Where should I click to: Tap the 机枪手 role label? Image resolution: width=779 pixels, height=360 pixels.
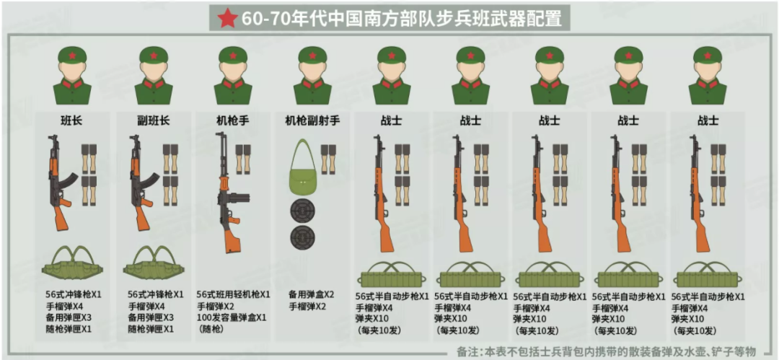point(232,120)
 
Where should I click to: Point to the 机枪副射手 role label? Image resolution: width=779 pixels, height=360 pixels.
point(312,120)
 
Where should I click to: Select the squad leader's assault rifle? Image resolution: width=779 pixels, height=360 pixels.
point(61,184)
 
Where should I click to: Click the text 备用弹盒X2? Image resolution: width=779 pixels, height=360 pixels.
point(311,295)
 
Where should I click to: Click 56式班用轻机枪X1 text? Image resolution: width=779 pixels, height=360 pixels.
point(233,295)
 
